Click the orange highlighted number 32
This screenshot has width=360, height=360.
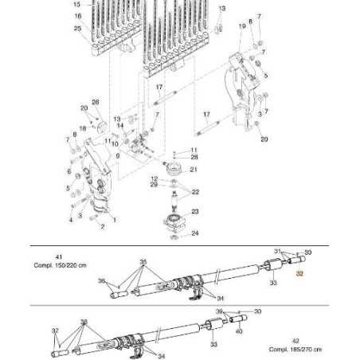[300, 273]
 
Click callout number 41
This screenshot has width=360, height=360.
[58, 256]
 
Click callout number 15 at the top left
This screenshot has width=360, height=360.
[77, 5]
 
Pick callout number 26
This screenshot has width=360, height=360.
[95, 102]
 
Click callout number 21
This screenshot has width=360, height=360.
[194, 170]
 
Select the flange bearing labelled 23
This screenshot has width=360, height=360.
[173, 217]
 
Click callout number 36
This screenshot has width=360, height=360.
[100, 280]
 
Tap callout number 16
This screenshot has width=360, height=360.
[77, 16]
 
